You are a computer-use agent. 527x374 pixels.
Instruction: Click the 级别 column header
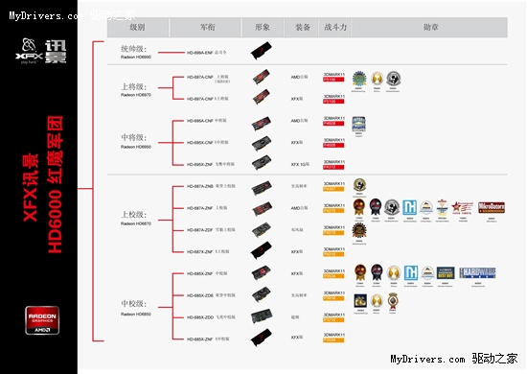[137, 29]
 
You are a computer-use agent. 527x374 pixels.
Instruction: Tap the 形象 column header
[262, 29]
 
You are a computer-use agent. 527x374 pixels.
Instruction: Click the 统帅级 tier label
[133, 47]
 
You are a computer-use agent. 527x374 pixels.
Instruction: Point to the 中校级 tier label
[131, 305]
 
